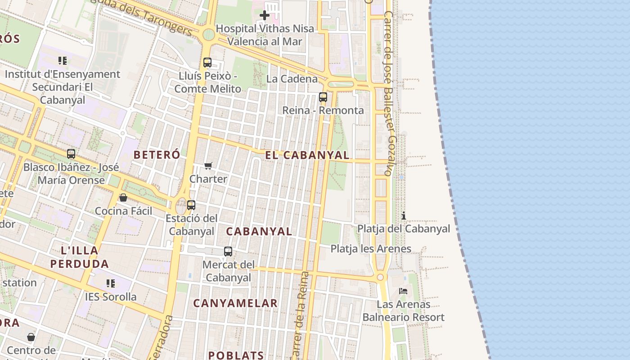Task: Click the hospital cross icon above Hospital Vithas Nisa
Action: click(x=265, y=15)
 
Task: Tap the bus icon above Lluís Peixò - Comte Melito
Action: click(x=207, y=63)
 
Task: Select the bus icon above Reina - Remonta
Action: click(x=323, y=97)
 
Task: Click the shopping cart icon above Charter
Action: click(x=208, y=166)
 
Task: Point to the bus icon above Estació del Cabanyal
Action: click(x=191, y=205)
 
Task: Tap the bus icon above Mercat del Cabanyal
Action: click(x=228, y=252)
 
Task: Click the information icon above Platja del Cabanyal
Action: click(x=404, y=216)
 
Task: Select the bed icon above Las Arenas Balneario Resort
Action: click(x=403, y=291)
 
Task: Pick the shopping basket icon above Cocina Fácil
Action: click(x=123, y=198)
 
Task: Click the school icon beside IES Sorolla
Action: click(x=111, y=283)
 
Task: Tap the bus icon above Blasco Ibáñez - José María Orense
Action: click(x=71, y=154)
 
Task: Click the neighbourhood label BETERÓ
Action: click(x=157, y=155)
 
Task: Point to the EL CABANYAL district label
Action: click(x=307, y=156)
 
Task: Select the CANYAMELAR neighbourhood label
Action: click(x=235, y=303)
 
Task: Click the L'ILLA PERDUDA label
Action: click(x=80, y=257)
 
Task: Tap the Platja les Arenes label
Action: click(x=371, y=249)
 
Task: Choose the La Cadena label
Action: click(x=292, y=79)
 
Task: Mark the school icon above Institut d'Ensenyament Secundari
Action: click(x=63, y=60)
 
